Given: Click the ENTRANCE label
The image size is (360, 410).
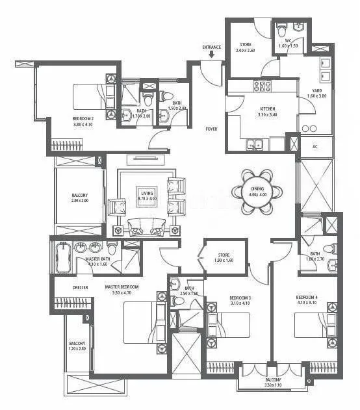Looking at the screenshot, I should pyautogui.click(x=212, y=47).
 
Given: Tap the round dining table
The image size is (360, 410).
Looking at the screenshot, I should pyautogui.click(x=258, y=191).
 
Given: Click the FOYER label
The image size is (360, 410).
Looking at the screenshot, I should pyautogui.click(x=212, y=129).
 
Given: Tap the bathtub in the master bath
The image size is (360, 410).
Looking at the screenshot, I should pyautogui.click(x=63, y=258).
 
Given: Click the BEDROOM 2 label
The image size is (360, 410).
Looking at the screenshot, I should pyautogui.click(x=84, y=118).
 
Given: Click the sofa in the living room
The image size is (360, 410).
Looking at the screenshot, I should pyautogui.click(x=148, y=226).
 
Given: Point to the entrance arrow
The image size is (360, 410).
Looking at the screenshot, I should pyautogui.click(x=212, y=55).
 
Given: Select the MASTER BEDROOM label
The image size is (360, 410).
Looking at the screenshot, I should pyautogui.click(x=122, y=287).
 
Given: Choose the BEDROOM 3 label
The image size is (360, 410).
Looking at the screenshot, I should pyautogui.click(x=240, y=298).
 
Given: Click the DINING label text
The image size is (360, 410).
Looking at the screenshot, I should pyautogui.click(x=258, y=188).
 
